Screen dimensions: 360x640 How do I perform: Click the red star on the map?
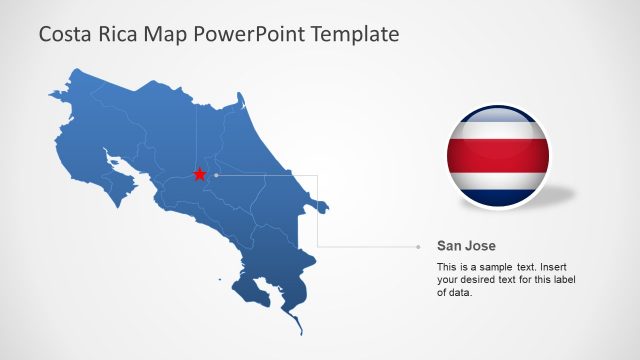pos(199,174)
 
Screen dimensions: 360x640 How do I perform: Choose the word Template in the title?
pos(355,34)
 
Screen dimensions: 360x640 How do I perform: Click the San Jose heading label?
pos(466,245)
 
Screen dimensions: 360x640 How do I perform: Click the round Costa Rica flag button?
pos(497,156)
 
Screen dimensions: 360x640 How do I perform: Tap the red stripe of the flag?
pos(497,155)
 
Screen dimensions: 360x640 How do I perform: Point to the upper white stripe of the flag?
pos(497,130)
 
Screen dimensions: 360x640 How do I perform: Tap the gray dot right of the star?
pos(216,174)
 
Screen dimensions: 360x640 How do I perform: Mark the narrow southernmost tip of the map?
pos(296,326)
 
